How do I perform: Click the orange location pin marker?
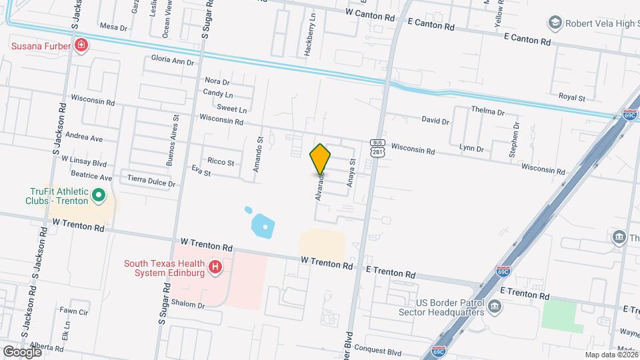320,159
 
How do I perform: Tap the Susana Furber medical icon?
81,45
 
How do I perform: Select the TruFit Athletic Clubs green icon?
99,195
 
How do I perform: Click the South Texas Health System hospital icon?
215,268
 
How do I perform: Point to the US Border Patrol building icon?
494,307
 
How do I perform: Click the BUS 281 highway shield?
378,147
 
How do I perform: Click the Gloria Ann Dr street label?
172,61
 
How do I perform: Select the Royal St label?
571,97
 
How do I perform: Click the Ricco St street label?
221,162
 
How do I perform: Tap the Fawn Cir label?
73,311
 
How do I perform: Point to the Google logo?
22,351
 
